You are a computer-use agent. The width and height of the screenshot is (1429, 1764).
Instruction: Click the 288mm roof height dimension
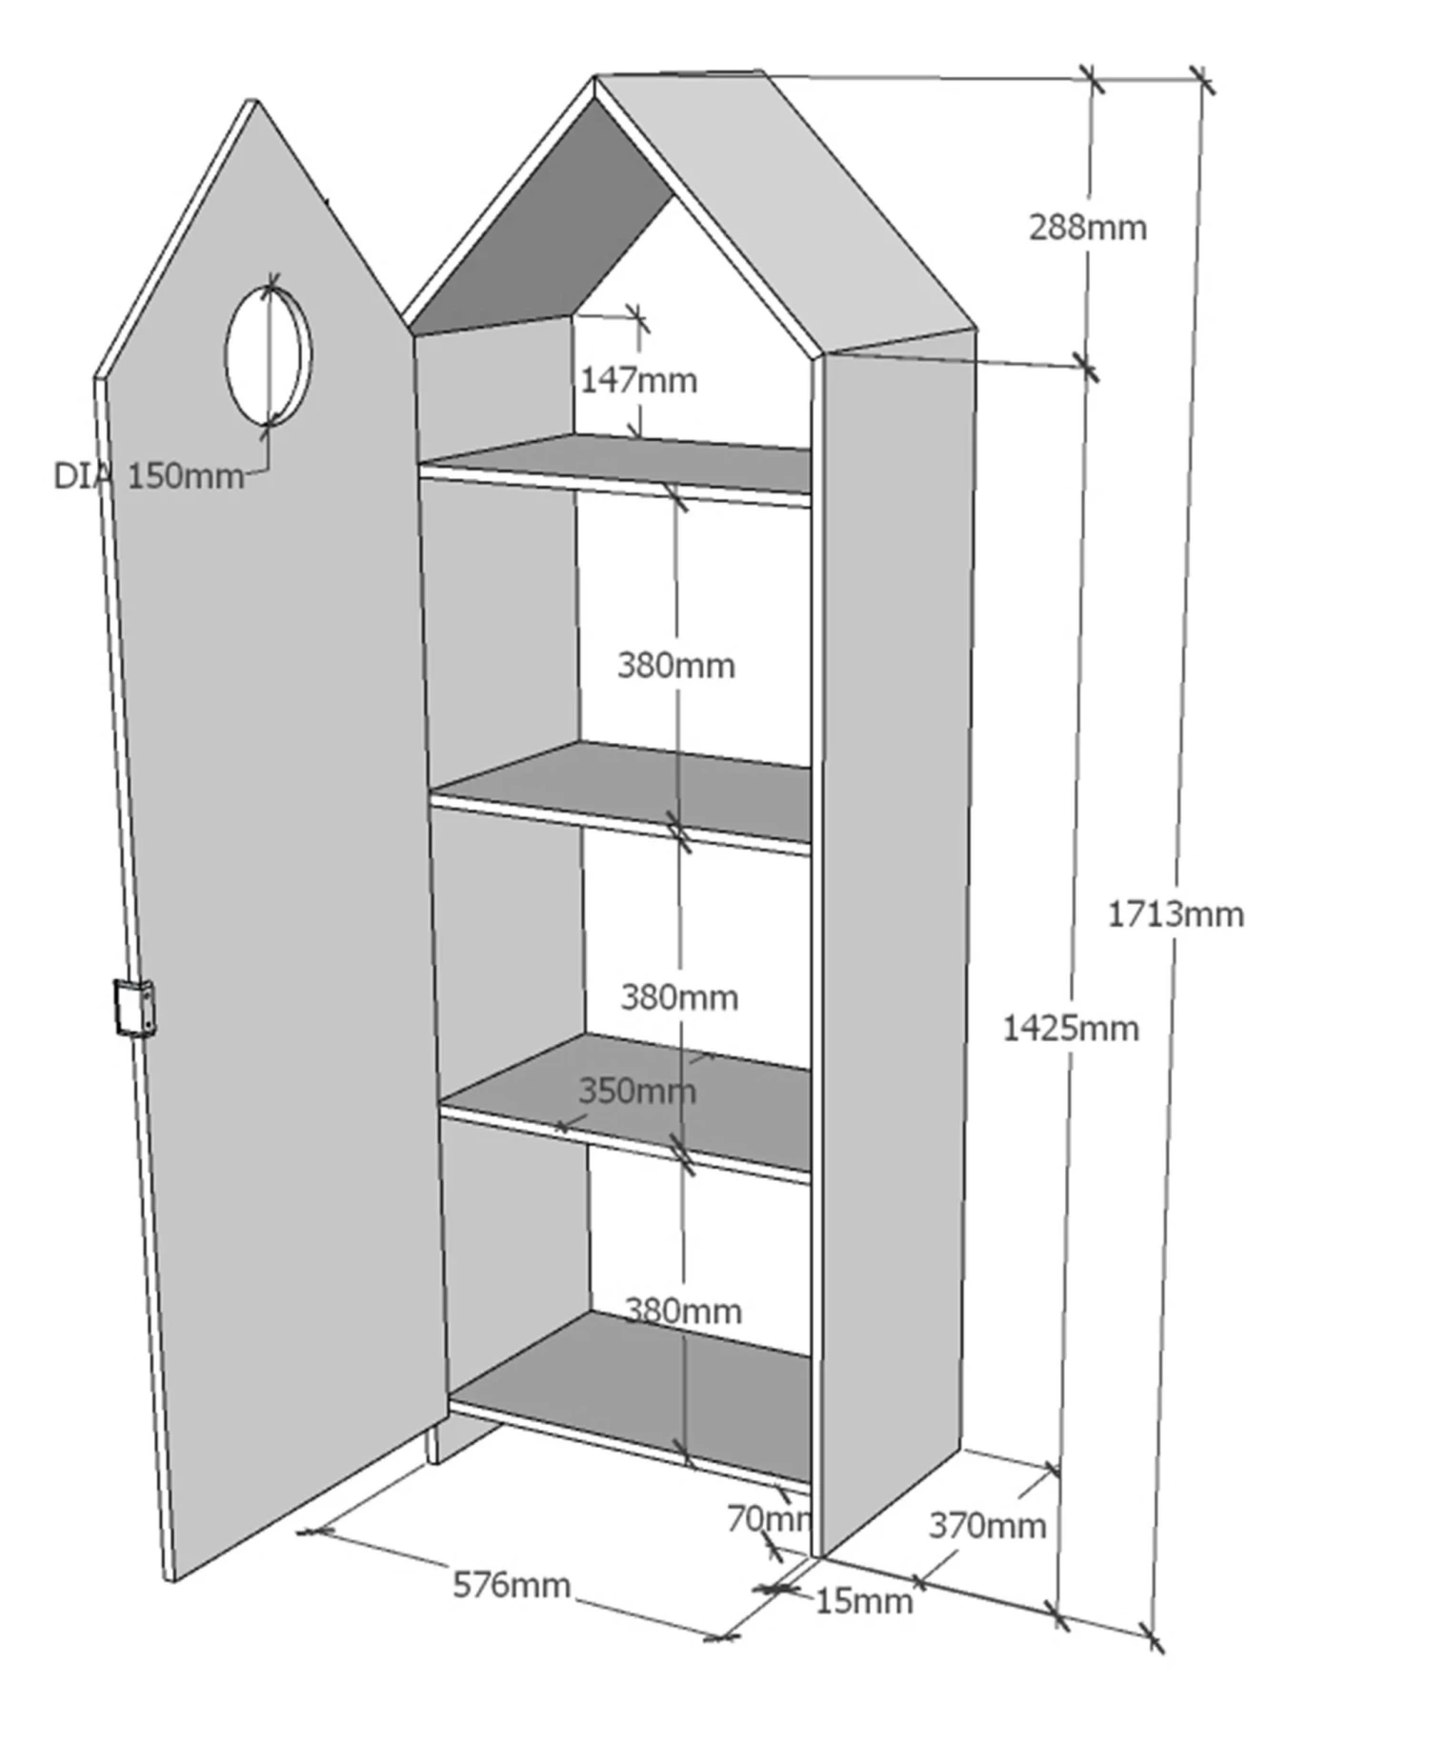pos(1087,228)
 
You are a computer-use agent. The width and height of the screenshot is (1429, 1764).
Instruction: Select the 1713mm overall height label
pos(1175,914)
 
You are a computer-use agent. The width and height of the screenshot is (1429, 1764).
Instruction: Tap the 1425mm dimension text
pos(1070,1029)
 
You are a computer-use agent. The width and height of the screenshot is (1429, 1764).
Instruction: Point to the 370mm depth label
pos(987,1525)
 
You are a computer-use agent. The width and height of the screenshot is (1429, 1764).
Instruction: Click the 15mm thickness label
pos(863,1601)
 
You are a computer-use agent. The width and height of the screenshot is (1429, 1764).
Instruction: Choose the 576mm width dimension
pos(511,1585)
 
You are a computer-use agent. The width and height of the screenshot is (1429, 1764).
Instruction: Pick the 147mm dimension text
pos(638,380)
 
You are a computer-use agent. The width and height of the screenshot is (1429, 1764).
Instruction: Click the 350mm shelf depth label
pos(636,1091)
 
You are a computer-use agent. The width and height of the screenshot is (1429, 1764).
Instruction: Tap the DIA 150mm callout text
pos(149,475)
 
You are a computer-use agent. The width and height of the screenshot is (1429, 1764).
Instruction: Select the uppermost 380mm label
pos(675,665)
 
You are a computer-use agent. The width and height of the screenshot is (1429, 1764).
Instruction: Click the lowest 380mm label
pos(682,1311)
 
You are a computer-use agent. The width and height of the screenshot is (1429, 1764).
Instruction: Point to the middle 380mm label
pos(679,997)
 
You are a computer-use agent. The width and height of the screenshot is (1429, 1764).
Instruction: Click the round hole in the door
pos(268,355)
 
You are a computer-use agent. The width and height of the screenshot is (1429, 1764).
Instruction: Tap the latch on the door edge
pos(134,1007)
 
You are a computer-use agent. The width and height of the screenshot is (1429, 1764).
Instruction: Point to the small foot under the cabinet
pos(433,1444)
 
